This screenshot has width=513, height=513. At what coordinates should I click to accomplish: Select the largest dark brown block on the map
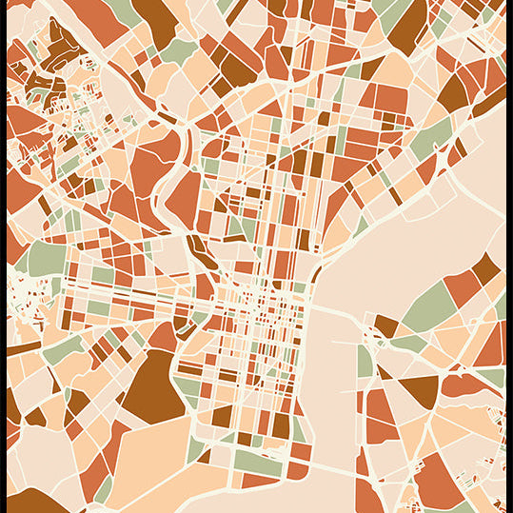(152, 385)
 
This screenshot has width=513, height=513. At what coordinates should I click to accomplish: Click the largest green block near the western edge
(43, 257)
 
